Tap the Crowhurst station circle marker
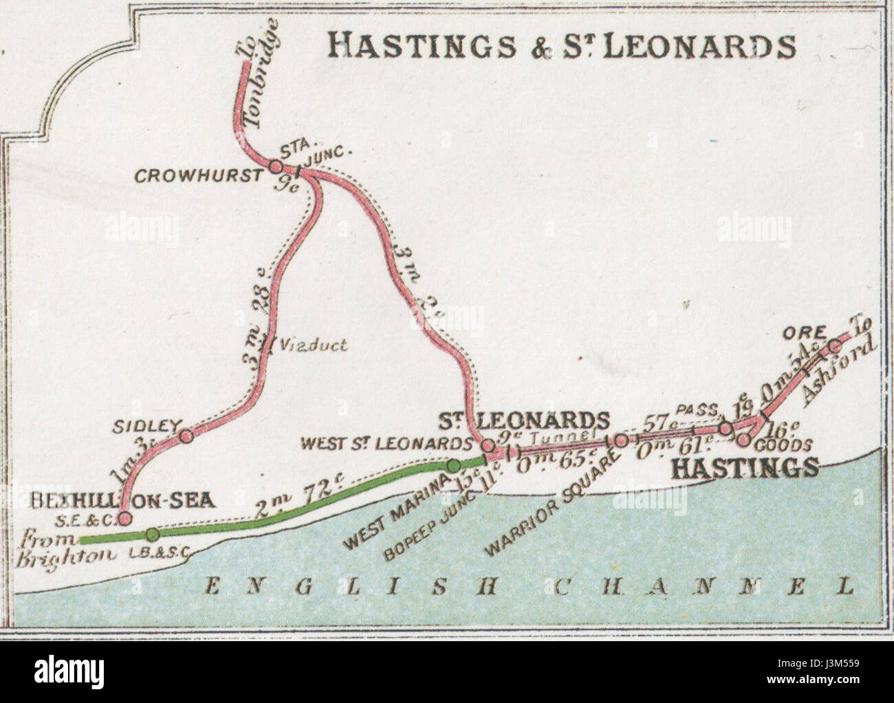click(x=276, y=166)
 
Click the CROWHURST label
click(x=197, y=176)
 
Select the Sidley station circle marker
click(x=184, y=435)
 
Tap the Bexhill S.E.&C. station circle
click(x=125, y=518)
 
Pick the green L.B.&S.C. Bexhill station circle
click(x=153, y=535)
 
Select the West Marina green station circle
click(x=453, y=465)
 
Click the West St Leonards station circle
click(x=487, y=445)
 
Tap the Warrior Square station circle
click(x=620, y=440)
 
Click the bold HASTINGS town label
click(x=744, y=468)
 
